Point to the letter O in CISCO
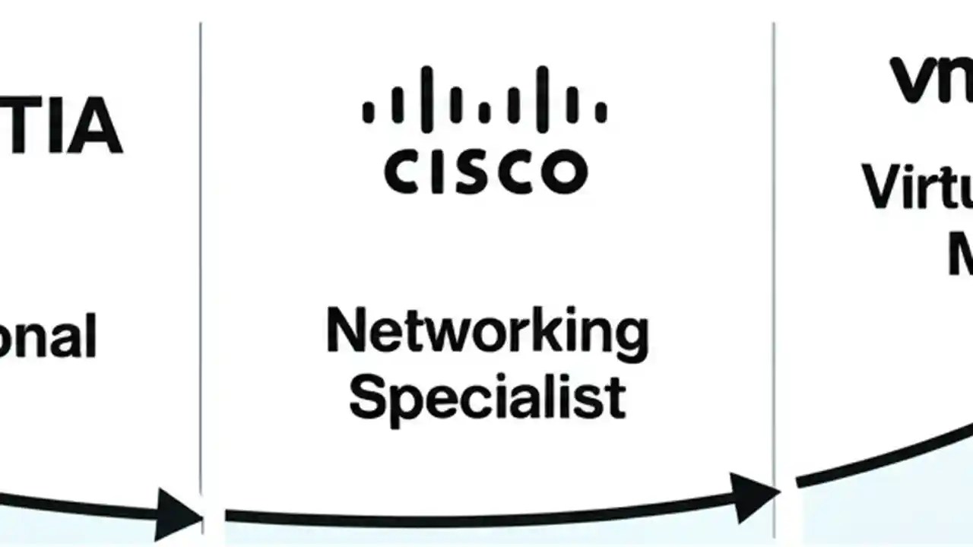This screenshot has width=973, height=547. pos(564,172)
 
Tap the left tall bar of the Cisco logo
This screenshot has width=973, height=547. pos(426,95)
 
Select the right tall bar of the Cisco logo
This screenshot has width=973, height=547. pos(542,95)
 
